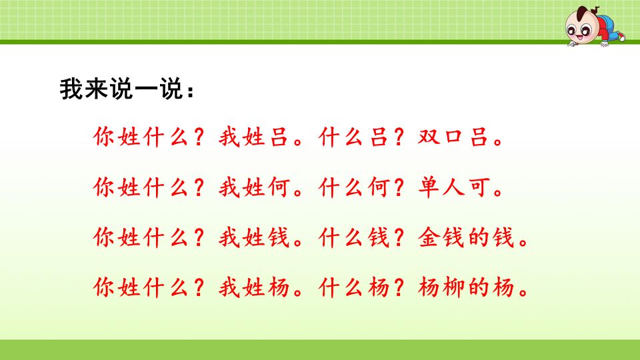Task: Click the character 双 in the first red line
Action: [x=429, y=139]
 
